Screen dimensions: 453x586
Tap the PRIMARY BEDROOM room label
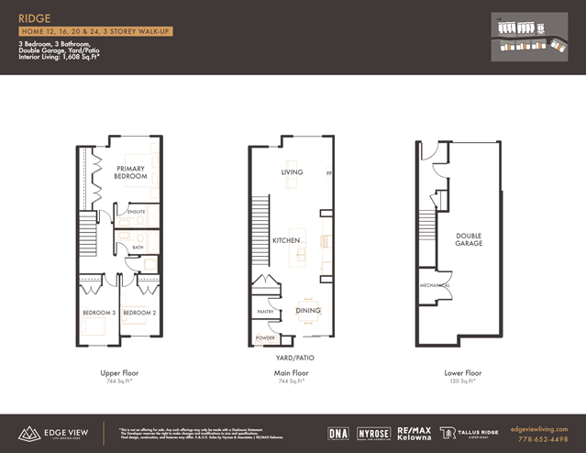131,171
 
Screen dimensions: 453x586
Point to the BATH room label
138,247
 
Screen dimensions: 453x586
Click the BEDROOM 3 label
98,313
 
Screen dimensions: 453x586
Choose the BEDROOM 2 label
138,313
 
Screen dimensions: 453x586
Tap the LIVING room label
292,172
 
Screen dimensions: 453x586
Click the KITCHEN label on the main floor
286,240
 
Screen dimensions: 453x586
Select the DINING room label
308,310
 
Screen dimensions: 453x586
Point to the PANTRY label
266,312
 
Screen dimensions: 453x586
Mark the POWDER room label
265,338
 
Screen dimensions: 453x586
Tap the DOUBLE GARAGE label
469,240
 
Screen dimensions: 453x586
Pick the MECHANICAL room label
436,284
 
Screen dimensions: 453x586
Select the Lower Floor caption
461,373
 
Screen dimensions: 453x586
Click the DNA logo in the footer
337,432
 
